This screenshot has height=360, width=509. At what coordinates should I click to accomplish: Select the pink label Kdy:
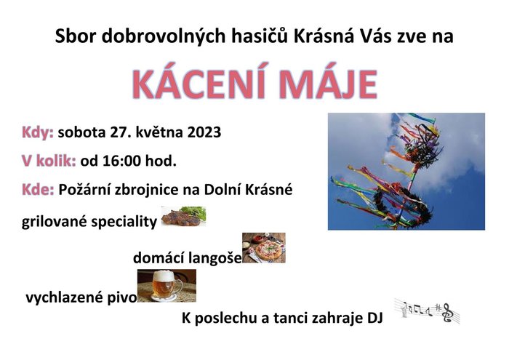click(38, 133)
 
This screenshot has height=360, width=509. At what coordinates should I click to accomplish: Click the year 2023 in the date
click(204, 132)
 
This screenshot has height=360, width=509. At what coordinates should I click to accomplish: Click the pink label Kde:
click(38, 190)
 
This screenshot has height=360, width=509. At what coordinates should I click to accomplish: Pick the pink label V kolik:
click(49, 161)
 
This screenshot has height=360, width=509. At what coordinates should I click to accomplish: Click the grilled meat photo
click(183, 216)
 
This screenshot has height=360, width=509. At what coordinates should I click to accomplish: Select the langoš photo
click(263, 247)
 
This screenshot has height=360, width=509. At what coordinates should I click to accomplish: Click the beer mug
click(166, 285)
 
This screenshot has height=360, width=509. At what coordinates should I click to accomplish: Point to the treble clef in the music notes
click(448, 313)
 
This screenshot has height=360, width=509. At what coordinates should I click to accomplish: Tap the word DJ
click(374, 318)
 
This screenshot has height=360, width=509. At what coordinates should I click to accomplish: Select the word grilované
click(55, 222)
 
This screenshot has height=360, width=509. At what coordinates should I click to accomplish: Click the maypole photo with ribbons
click(406, 172)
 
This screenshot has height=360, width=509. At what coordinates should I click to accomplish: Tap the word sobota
click(81, 132)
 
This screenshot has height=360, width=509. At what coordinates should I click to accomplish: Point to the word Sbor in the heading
click(76, 36)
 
